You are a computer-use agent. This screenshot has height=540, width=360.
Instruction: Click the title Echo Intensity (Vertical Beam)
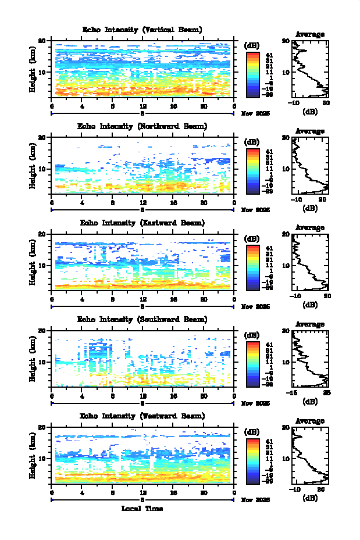[x=142, y=30]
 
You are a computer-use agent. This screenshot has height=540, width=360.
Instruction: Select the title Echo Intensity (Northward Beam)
[x=142, y=126]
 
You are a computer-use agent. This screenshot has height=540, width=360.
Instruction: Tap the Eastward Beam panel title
[x=142, y=223]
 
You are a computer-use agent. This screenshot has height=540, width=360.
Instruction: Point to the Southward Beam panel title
[x=142, y=319]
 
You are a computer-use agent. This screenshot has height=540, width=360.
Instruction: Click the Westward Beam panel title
[x=142, y=416]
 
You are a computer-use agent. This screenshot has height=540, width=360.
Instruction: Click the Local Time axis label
[x=142, y=509]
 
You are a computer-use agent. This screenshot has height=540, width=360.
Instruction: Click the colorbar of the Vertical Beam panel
[x=252, y=74]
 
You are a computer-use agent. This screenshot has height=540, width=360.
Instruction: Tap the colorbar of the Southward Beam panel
[x=252, y=363]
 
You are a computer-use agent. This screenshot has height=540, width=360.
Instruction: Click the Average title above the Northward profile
[x=310, y=131]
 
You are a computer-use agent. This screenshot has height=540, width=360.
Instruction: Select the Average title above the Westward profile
[x=310, y=421]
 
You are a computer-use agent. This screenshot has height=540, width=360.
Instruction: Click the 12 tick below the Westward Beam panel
[x=143, y=492]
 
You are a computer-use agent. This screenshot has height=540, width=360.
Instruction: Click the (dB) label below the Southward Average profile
[x=310, y=401]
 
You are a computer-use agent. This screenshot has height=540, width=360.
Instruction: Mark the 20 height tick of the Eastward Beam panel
[x=42, y=234]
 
